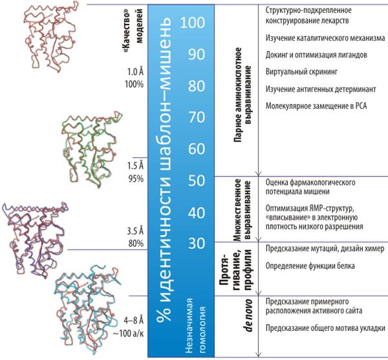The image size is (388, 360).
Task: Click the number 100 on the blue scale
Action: pos(193,23)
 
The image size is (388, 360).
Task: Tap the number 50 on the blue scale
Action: pos(197,181)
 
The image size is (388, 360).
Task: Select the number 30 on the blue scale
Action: pos(197,243)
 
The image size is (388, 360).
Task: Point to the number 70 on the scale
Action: pos(197,117)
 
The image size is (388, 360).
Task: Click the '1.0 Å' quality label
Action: pos(135,72)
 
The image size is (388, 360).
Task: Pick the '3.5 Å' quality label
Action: pos(135,231)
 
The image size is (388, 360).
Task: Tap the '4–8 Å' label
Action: pos(134,321)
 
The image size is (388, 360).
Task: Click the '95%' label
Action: pos(136,178)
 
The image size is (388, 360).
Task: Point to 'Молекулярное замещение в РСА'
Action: pos(316,106)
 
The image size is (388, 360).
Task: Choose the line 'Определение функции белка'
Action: pos(310,266)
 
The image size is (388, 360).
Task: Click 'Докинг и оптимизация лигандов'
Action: pos(316,55)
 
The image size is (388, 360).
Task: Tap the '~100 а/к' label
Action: pos(128,334)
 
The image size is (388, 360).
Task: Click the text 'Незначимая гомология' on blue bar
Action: pos(195,325)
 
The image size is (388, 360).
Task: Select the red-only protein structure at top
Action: pos(50,37)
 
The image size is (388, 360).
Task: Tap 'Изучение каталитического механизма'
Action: pos(325,38)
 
